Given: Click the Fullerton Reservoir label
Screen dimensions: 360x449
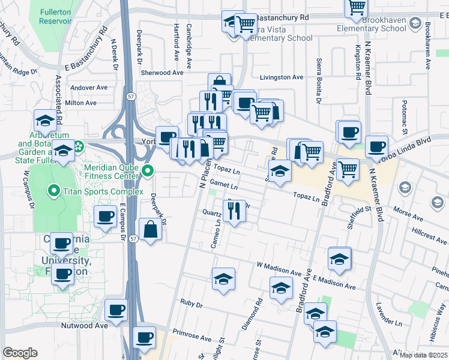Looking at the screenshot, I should pyautogui.click(x=56, y=16).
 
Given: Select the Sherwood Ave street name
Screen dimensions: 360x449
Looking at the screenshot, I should pyautogui.click(x=161, y=73).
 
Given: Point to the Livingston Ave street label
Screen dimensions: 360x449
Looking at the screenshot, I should pyautogui.click(x=282, y=77).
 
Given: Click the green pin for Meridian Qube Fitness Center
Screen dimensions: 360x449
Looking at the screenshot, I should pyautogui.click(x=148, y=173).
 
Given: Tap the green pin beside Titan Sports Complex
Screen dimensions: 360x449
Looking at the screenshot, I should pyautogui.click(x=53, y=192).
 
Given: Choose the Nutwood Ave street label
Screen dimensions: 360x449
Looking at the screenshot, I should pyautogui.click(x=84, y=326).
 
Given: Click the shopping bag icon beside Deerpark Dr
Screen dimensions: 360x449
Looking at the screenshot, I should pyautogui.click(x=149, y=229).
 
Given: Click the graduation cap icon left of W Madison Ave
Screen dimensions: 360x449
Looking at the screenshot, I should pyautogui.click(x=223, y=278).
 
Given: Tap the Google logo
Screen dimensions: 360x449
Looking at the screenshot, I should pyautogui.click(x=20, y=353).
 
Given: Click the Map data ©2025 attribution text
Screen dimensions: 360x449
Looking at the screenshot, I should pyautogui.click(x=423, y=355).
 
